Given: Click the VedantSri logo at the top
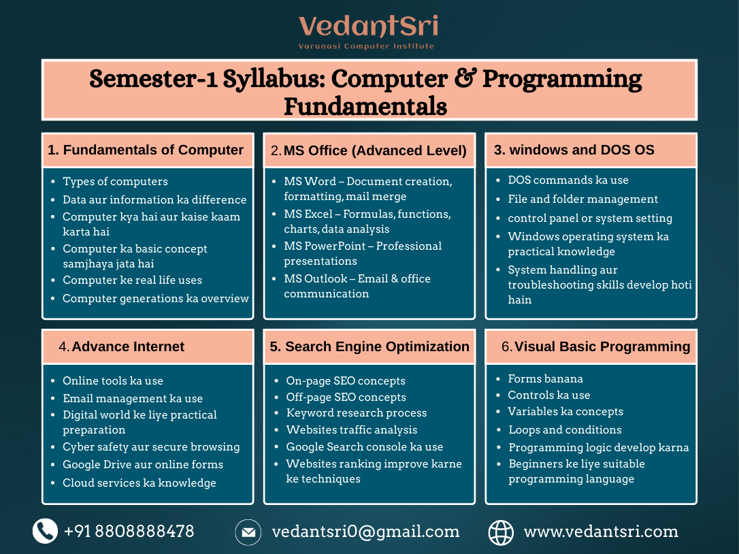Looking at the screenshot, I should pos(368,27).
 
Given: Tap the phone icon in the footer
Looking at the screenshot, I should pos(45,531).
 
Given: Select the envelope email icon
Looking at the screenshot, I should pos(248,532).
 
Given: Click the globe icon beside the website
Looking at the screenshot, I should pos(501,532).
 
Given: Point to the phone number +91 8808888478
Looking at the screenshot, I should pos(129,532).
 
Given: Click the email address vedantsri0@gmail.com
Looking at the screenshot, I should pos(365,532).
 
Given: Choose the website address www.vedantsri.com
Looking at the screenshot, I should pos(600,532).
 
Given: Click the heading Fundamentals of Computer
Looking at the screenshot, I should pos(146,150).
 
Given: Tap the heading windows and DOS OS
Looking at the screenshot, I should pos(574,150).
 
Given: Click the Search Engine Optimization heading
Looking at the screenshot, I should pos(369,346).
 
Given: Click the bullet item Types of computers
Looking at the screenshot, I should pos(115,182).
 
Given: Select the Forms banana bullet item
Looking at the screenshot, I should pos(545,378).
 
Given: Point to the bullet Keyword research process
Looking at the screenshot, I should pos(356,413).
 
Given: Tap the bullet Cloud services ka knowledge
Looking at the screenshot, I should pos(139,483).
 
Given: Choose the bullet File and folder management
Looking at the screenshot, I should pos(582,199).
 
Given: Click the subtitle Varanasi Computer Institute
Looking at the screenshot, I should pos(366,46).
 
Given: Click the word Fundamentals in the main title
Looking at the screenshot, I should pos(365,107).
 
